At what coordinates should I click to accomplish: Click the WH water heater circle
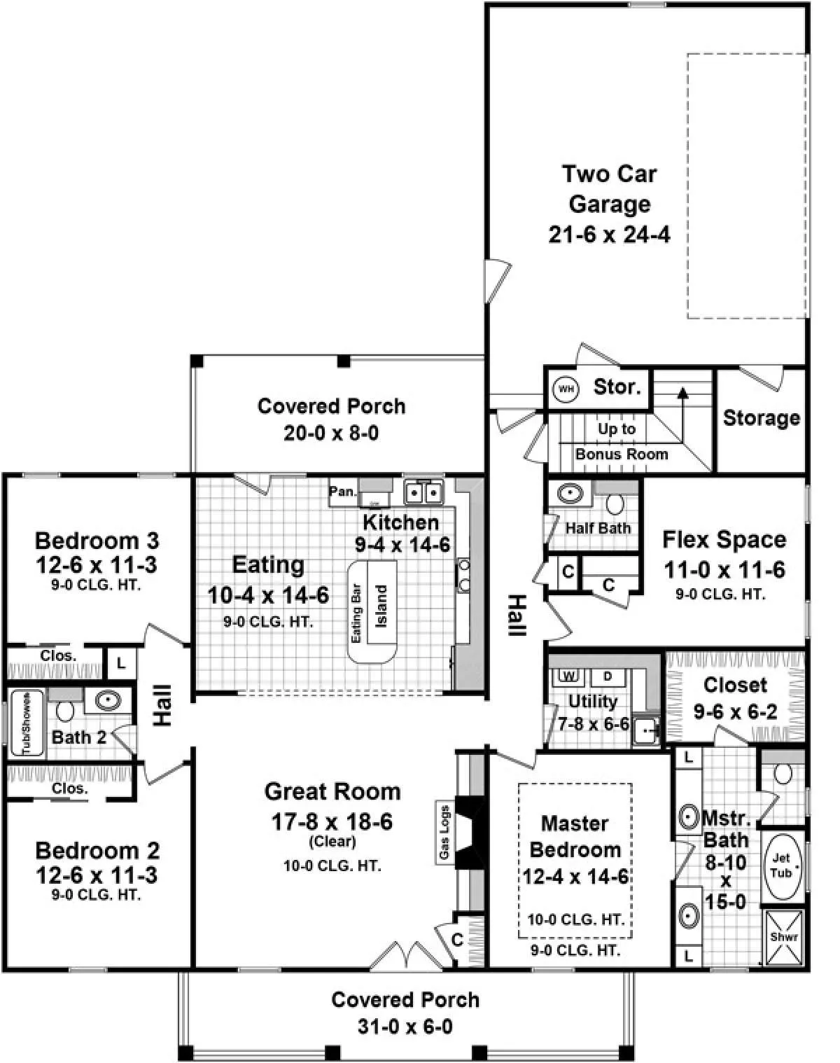pos(566,389)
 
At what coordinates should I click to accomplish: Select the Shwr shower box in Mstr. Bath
pos(784,937)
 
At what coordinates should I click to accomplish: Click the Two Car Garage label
pos(610,188)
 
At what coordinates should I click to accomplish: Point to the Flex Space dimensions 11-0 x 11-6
pos(724,570)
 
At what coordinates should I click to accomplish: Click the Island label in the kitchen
pos(381,606)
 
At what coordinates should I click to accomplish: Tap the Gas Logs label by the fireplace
pos(444,833)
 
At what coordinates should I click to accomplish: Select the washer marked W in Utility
pos(569,676)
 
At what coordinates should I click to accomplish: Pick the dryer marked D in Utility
pos(608,676)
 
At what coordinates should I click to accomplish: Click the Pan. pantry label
pos(343,492)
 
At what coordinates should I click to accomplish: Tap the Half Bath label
pos(598,528)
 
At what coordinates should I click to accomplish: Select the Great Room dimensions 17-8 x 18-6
pos(332,822)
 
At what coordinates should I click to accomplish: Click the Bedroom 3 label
pos(97,541)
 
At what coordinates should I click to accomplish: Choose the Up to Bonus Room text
pos(621,441)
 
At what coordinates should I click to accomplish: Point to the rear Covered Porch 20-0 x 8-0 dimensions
pos(331,433)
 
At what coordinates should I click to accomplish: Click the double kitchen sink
pos(423,492)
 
